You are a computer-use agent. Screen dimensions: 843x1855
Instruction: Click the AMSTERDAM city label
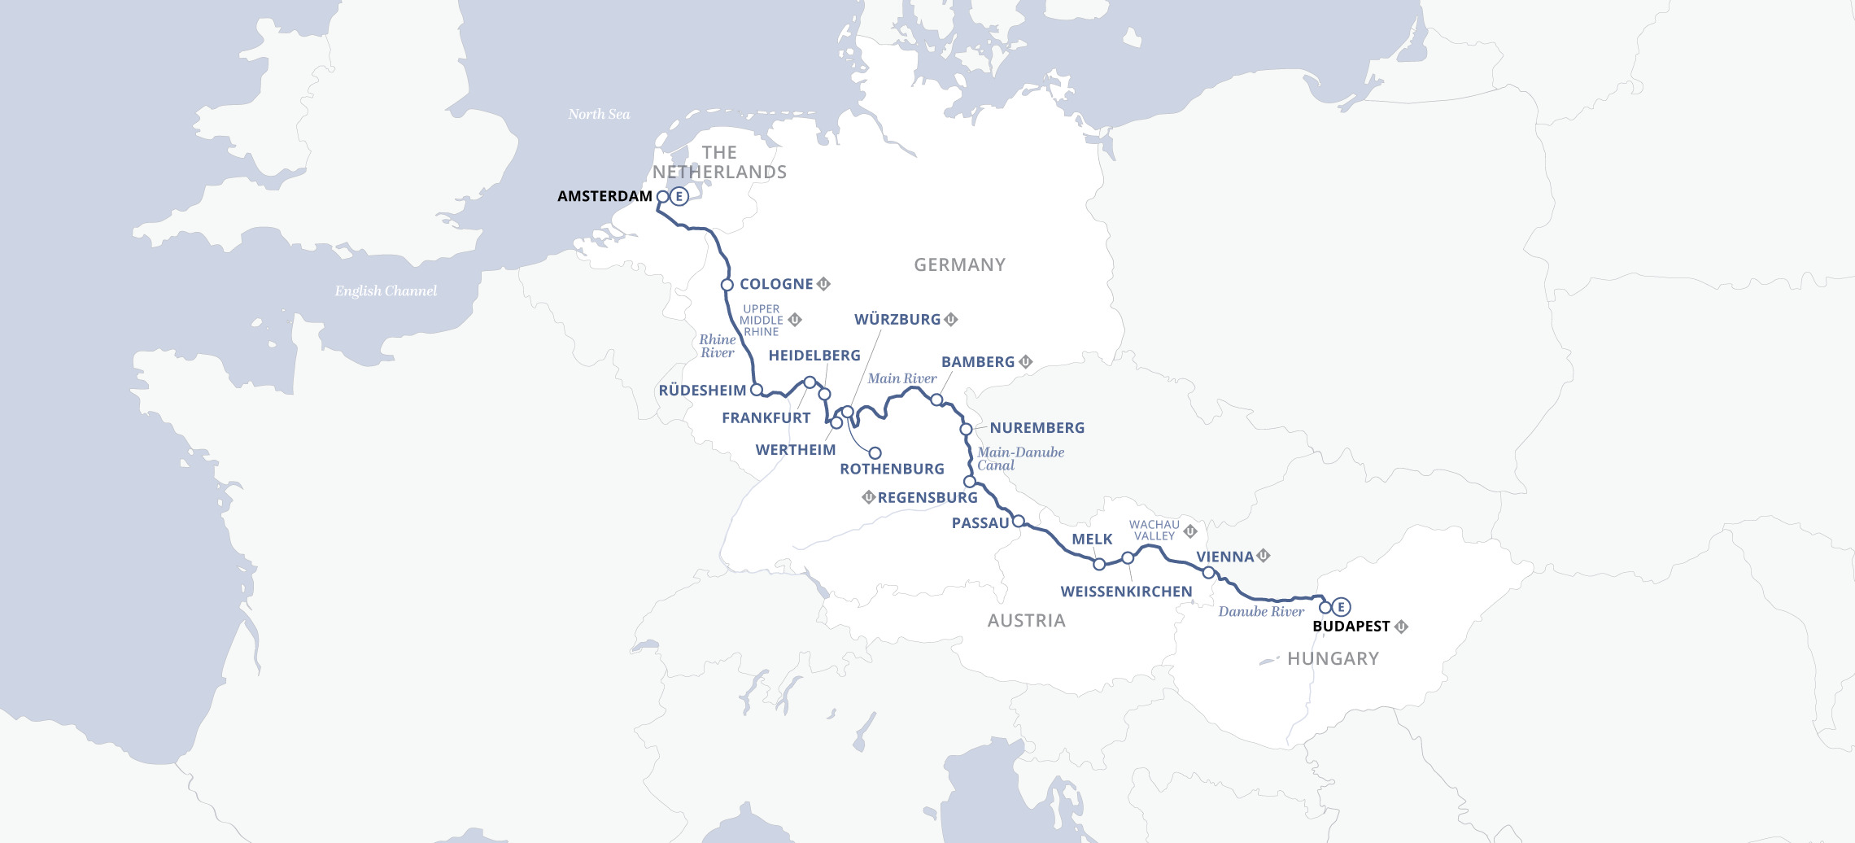605,196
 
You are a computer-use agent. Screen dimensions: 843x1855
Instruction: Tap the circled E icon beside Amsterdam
679,196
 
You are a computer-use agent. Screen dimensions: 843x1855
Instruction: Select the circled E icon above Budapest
1341,606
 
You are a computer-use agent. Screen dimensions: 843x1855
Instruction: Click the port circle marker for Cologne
727,285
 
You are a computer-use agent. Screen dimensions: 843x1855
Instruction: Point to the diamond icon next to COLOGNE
823,284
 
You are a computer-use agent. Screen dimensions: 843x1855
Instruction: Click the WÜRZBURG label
897,320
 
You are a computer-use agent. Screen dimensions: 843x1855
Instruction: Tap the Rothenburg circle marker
875,453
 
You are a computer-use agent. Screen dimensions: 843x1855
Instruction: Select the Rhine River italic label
717,346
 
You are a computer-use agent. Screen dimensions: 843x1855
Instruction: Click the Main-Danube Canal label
1020,459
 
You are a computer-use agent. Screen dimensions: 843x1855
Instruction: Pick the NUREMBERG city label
1037,428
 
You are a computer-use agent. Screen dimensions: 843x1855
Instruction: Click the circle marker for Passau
1018,521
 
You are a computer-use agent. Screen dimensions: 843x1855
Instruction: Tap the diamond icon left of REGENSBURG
868,497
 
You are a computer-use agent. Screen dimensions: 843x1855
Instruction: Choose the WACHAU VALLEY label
1154,531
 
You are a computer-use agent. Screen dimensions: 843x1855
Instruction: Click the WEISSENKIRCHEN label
1126,592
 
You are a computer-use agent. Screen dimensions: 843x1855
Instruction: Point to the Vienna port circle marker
1208,573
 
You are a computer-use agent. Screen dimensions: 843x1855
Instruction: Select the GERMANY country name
959,265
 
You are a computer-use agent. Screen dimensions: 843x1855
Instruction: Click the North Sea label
599,115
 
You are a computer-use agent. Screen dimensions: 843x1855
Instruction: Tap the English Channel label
386,291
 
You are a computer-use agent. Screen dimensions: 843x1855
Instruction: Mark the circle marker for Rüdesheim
756,390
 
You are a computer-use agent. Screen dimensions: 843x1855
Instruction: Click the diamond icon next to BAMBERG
1026,361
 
